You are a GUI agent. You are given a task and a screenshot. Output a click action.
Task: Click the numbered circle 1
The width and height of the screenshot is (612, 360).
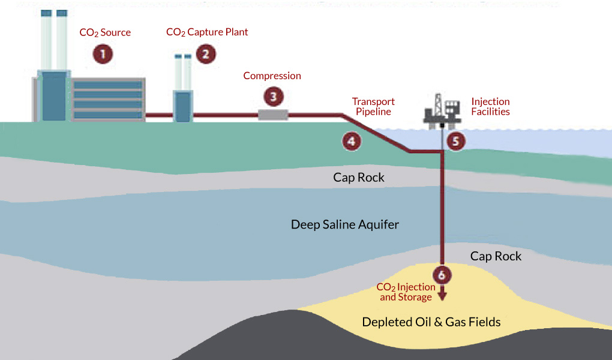[x=103, y=54]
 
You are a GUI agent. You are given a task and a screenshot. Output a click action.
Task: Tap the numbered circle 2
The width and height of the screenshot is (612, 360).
[x=205, y=54]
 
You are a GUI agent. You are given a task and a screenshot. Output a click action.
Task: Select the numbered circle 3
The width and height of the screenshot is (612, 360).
[x=273, y=96]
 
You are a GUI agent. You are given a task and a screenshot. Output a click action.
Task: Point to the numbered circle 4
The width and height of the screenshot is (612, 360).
[x=352, y=142]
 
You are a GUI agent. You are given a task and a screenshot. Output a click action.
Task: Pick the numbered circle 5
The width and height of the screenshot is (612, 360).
[x=455, y=142]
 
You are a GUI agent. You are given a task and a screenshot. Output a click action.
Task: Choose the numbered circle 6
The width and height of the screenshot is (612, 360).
[x=442, y=275]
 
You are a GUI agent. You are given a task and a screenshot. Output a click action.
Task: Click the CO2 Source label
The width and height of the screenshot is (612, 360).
[x=105, y=32]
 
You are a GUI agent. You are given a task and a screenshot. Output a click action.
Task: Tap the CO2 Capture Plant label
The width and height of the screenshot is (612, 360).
[x=207, y=32]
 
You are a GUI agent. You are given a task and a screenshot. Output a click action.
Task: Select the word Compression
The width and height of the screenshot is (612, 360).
[x=272, y=76]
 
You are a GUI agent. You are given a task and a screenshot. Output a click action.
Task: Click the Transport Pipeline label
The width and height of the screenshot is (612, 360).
[x=373, y=106]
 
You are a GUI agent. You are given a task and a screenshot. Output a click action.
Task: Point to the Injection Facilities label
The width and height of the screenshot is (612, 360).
[x=490, y=106]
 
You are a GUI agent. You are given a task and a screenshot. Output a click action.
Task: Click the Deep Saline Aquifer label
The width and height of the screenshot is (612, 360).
[x=344, y=225]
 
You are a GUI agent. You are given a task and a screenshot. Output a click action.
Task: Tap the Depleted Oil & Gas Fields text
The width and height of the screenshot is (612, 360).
[x=431, y=322]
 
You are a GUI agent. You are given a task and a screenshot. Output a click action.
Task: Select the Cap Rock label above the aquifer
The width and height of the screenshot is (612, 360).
[x=358, y=178]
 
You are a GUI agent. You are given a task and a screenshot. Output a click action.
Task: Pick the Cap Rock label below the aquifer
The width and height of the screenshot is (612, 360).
[x=496, y=256]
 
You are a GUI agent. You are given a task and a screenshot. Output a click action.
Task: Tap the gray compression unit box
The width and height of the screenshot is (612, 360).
[x=273, y=115]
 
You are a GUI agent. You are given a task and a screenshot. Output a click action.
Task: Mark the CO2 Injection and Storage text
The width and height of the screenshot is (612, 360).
[x=406, y=292]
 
